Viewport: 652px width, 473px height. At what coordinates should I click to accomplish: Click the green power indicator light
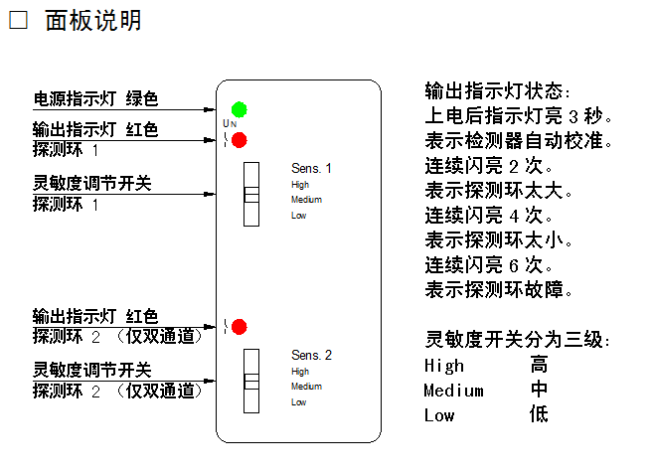click(x=240, y=109)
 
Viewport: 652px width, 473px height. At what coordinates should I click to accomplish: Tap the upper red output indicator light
click(x=240, y=140)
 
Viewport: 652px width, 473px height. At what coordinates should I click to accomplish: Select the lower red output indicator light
click(x=240, y=327)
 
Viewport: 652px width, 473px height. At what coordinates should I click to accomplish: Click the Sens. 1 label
click(x=311, y=168)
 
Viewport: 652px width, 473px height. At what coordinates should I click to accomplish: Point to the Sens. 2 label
click(x=311, y=355)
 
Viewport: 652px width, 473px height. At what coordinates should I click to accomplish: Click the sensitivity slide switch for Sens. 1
click(x=251, y=194)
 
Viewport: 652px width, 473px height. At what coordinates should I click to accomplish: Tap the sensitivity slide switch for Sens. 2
click(x=251, y=381)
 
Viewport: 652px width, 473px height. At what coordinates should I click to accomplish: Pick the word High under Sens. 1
click(x=300, y=185)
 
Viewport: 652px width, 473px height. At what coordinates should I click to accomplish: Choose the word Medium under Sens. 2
click(x=306, y=387)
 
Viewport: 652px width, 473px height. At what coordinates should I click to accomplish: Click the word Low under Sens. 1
click(x=298, y=216)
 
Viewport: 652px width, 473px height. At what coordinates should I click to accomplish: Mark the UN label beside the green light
click(x=230, y=123)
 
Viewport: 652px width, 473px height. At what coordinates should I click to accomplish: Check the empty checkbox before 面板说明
click(x=18, y=20)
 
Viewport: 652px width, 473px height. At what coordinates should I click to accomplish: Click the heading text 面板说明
click(x=93, y=20)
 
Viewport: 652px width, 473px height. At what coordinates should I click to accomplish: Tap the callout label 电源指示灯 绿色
click(x=95, y=99)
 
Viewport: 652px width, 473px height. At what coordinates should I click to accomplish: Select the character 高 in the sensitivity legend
click(x=539, y=365)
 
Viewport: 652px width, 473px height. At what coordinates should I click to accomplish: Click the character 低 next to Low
click(x=539, y=414)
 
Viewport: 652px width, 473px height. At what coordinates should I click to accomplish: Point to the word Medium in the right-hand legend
click(x=453, y=391)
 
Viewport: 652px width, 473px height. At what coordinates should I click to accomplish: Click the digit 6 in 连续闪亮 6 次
click(x=514, y=265)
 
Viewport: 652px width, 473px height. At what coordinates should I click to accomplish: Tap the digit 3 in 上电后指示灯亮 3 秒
click(x=573, y=117)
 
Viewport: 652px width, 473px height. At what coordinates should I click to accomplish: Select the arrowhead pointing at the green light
click(x=210, y=109)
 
